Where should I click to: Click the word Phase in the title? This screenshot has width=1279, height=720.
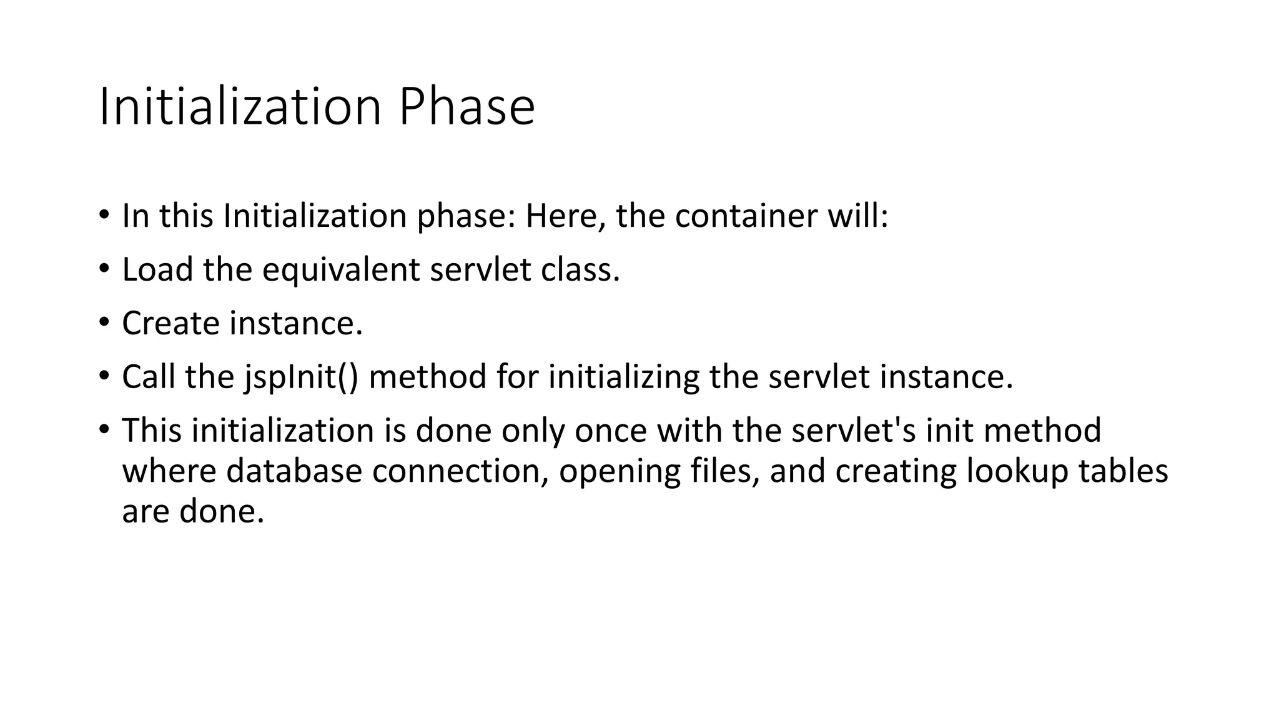point(467,107)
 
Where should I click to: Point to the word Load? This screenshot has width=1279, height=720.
point(157,270)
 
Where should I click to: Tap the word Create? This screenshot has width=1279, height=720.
point(170,324)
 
